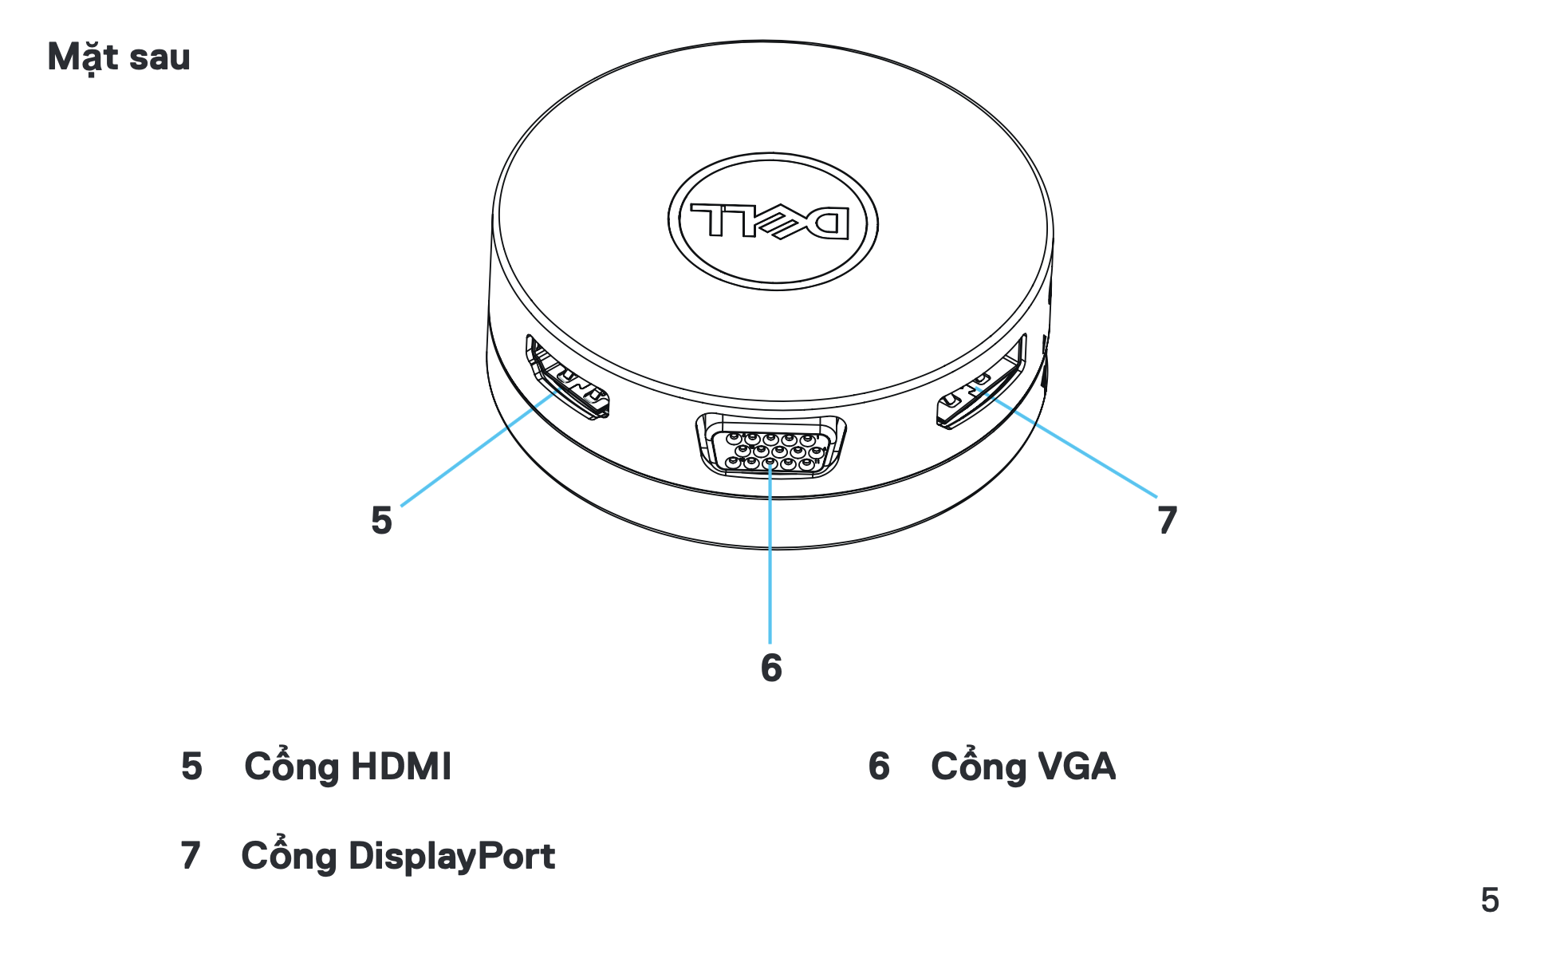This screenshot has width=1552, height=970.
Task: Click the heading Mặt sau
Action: tap(119, 57)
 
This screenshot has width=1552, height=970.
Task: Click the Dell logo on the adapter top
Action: tap(773, 222)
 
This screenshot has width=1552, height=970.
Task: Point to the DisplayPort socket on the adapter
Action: tap(980, 382)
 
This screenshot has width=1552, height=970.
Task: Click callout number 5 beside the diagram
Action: tap(382, 520)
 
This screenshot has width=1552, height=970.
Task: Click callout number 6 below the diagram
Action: tap(771, 668)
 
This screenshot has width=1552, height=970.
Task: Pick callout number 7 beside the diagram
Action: tap(1168, 520)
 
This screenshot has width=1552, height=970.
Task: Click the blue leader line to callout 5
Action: tap(479, 448)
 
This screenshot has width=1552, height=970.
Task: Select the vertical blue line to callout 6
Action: tap(770, 556)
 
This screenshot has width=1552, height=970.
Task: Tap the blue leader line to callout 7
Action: tap(1066, 444)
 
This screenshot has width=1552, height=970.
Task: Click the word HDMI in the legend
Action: tap(401, 766)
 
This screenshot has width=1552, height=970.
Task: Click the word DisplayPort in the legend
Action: tap(451, 856)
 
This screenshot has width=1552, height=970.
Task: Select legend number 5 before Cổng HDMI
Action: tap(191, 766)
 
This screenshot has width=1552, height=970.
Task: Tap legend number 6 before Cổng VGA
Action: tap(879, 766)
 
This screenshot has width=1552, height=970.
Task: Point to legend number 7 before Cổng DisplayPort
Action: tap(190, 855)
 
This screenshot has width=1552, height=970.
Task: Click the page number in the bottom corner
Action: tap(1490, 900)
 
